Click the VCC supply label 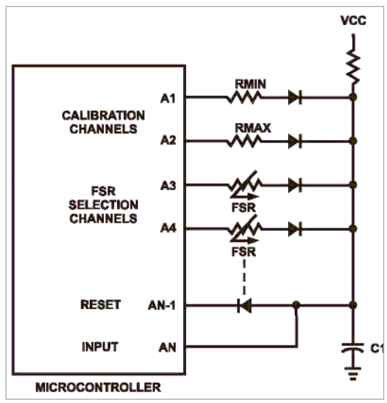coord(353,21)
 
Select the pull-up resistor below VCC coord(353,67)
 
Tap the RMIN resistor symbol coord(244,98)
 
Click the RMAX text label coord(253,128)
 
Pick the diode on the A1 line coord(295,97)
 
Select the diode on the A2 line coord(295,141)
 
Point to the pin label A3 coord(168,186)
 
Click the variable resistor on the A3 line coord(244,185)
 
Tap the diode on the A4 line coord(295,229)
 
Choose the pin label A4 coord(168,228)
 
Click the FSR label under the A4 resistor coord(244,252)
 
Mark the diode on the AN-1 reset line coord(244,305)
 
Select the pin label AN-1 coord(162,305)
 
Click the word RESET coord(101,305)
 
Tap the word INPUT coord(100,347)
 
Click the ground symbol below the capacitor coord(353,373)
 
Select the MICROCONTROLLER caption coord(98,387)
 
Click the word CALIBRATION coord(103,116)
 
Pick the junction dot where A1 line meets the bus coord(353,97)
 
